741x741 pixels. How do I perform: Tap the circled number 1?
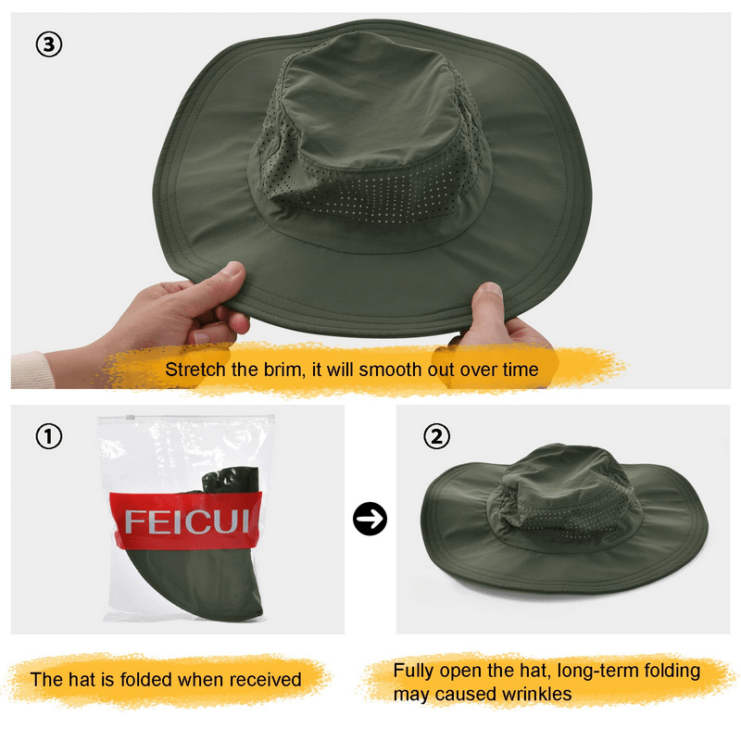(48, 435)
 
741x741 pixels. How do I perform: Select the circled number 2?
(436, 435)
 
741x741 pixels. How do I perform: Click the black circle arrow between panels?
(370, 520)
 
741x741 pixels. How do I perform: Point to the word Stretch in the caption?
(195, 370)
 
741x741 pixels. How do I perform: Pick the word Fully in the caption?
(413, 671)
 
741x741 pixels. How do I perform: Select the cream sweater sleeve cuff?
(29, 370)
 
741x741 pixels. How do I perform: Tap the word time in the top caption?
(519, 370)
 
